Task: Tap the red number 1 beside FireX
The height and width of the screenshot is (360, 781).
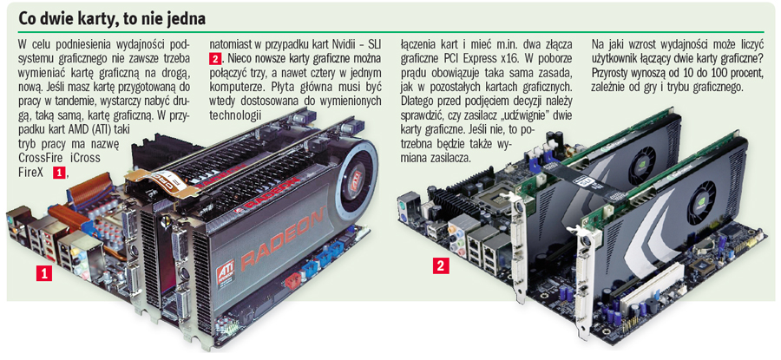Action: pyautogui.click(x=58, y=173)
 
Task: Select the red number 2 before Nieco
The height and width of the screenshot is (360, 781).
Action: pyautogui.click(x=215, y=58)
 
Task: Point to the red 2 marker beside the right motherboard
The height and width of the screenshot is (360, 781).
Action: pyautogui.click(x=442, y=267)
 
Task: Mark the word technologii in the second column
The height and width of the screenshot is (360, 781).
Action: pyautogui.click(x=235, y=115)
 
